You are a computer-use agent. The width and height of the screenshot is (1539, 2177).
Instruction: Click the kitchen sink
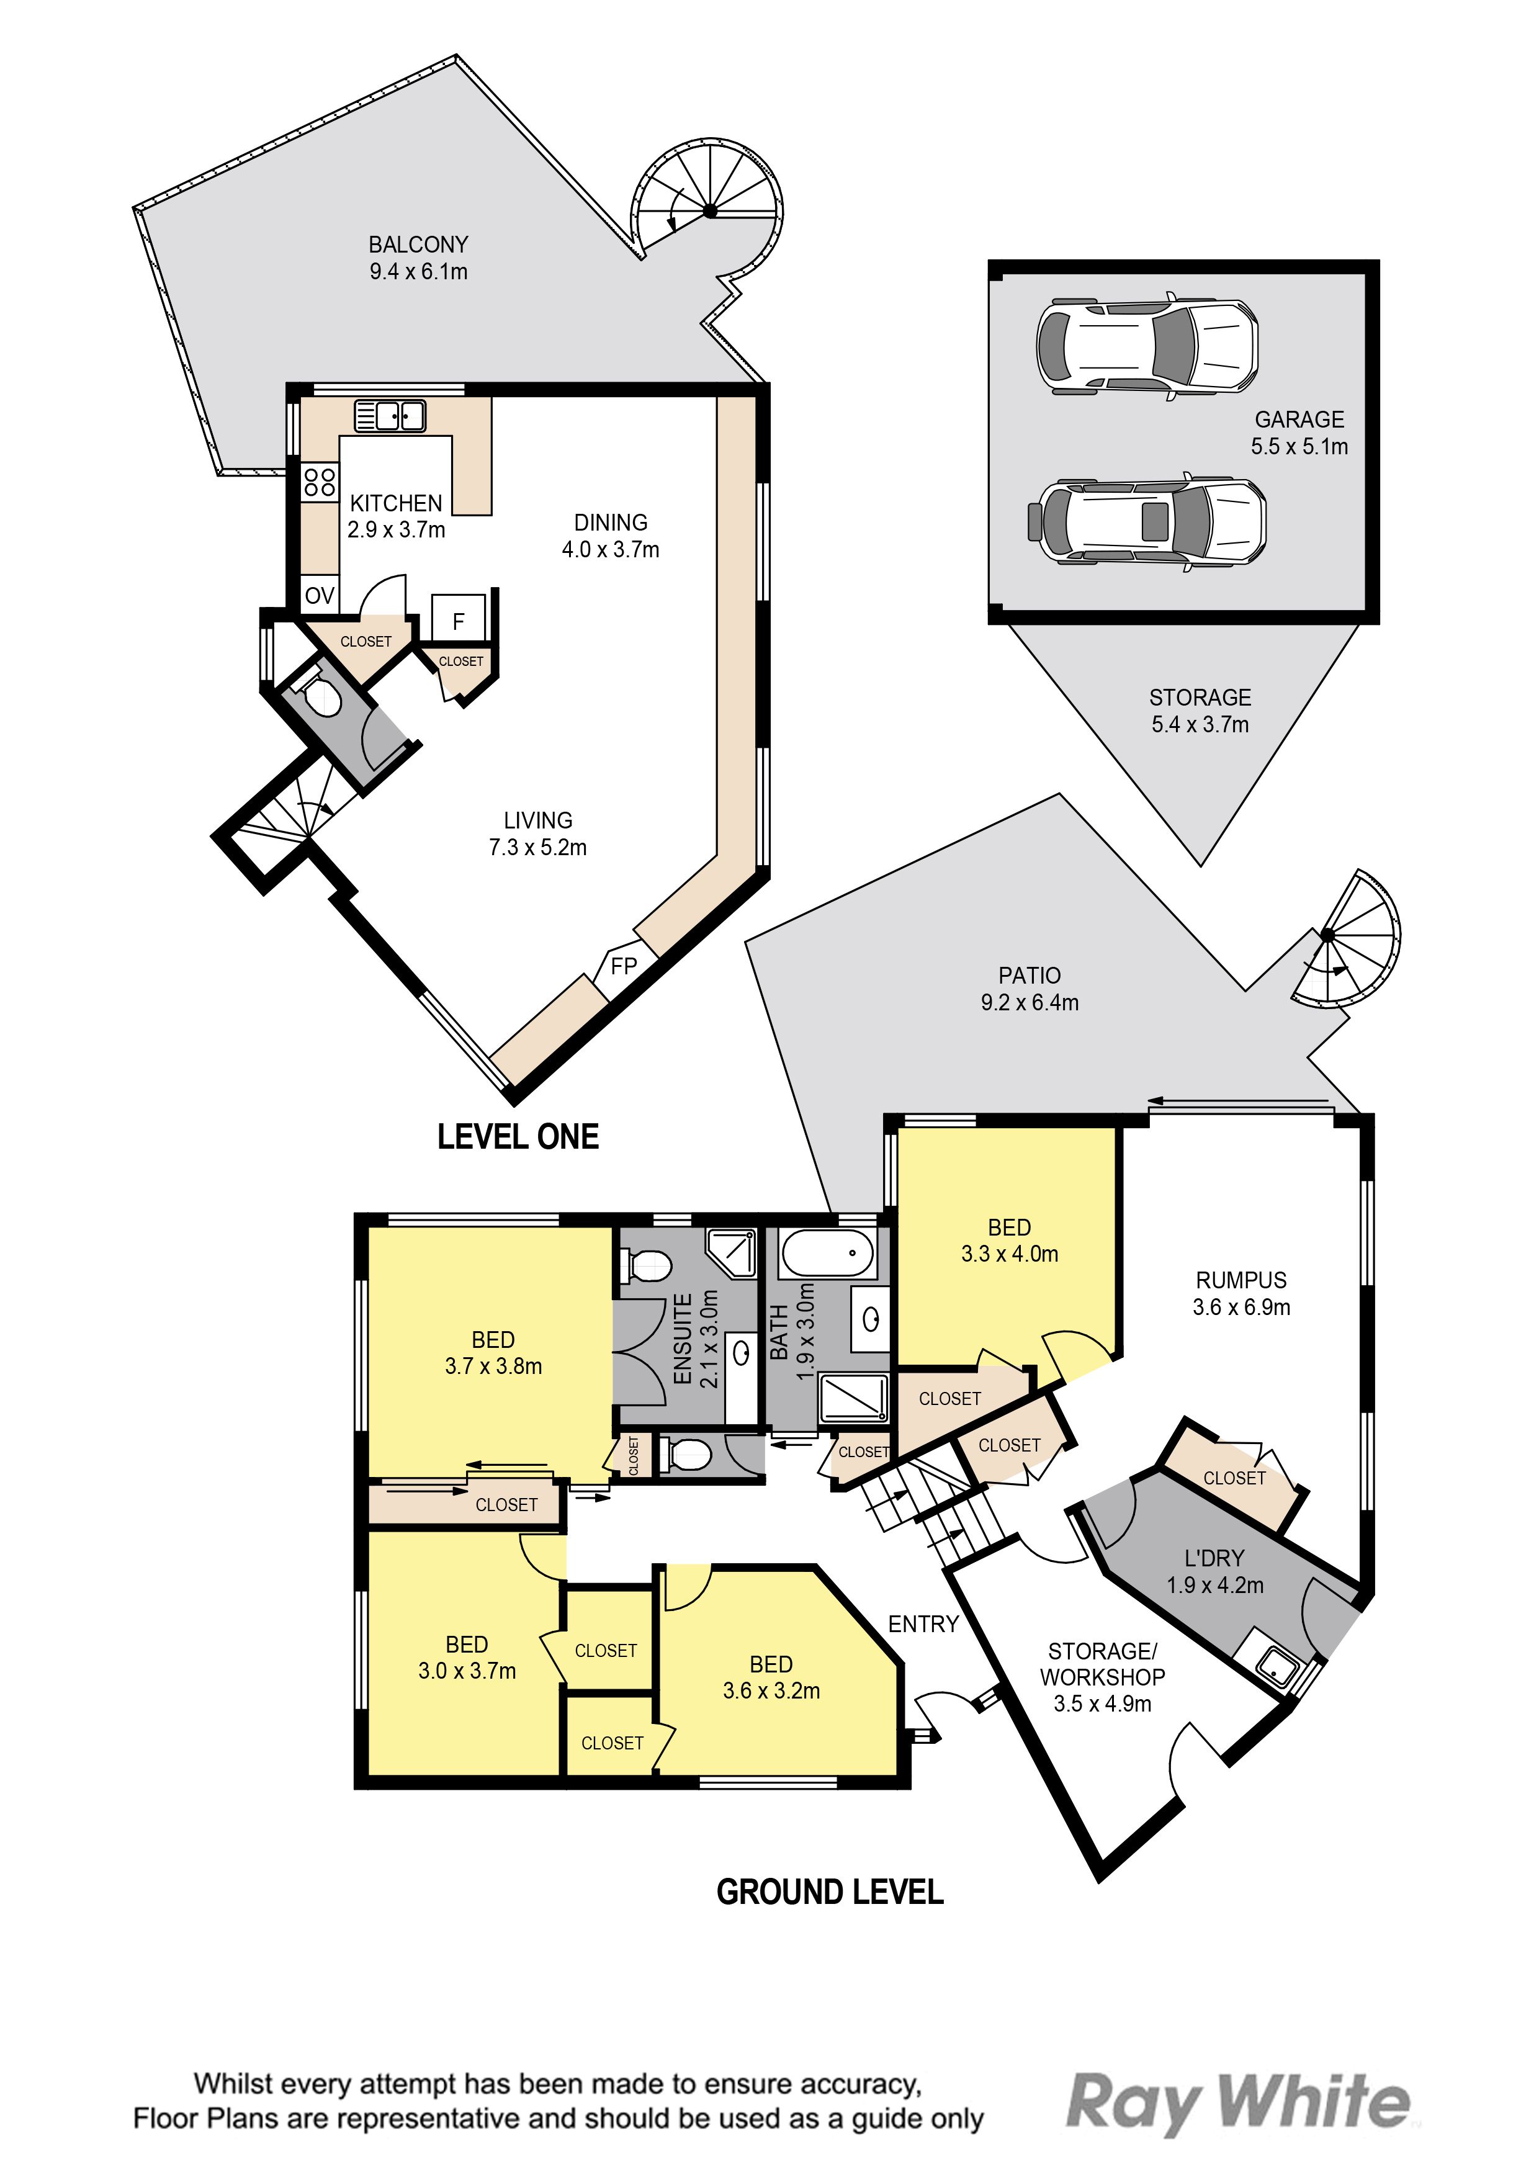(390, 415)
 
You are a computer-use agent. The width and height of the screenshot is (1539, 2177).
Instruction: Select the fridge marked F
(459, 621)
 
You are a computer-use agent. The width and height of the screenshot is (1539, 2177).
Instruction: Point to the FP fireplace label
(623, 966)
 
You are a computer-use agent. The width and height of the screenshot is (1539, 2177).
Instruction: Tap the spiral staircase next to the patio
(1345, 939)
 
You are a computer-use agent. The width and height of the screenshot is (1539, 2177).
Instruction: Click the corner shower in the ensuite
(730, 1252)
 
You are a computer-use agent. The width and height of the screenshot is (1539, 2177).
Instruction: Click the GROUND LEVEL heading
(830, 1893)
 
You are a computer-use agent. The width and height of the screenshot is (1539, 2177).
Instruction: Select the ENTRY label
(923, 1624)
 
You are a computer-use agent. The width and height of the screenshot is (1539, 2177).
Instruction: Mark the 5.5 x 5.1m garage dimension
(1299, 447)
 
